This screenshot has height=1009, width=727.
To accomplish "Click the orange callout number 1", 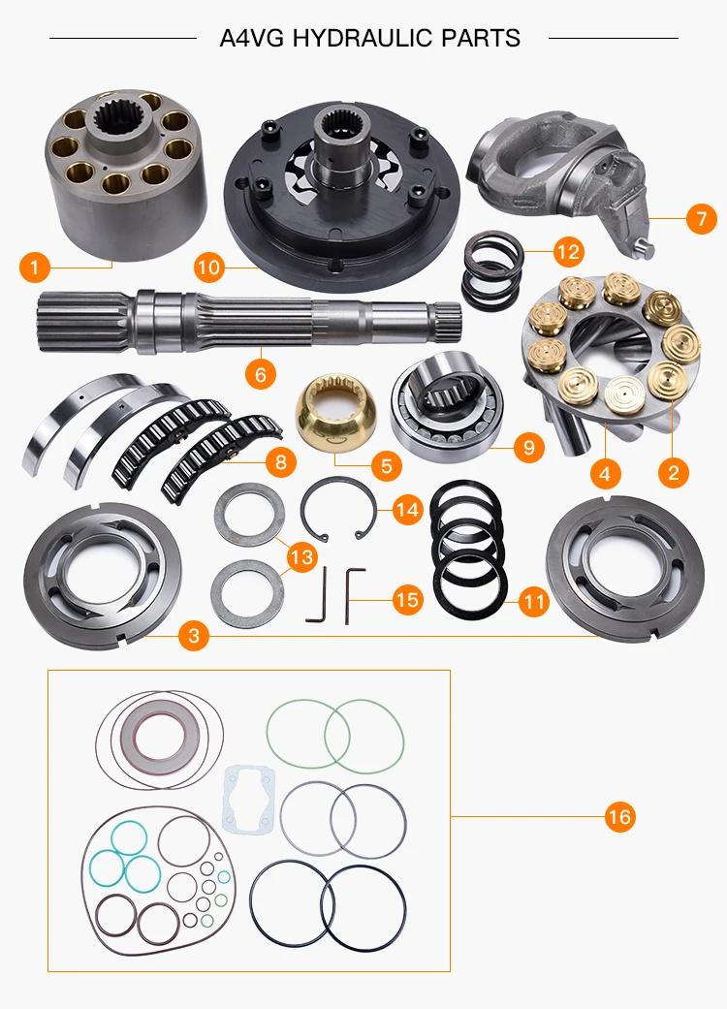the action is click(x=35, y=267).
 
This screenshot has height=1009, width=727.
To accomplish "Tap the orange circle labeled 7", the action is click(x=701, y=219).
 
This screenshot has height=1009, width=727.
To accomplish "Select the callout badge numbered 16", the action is click(x=619, y=817).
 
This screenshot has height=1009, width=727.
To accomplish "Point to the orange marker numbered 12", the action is click(x=568, y=252).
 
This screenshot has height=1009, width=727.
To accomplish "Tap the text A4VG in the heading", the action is click(x=252, y=38).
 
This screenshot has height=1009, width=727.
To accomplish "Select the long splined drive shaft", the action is click(x=250, y=322).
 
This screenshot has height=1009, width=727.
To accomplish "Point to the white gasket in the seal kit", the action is click(x=248, y=798).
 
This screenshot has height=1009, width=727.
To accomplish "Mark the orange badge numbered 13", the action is click(x=301, y=556).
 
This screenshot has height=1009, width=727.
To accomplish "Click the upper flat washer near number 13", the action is click(x=250, y=515).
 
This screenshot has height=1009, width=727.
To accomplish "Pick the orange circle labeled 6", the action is click(x=261, y=374).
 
